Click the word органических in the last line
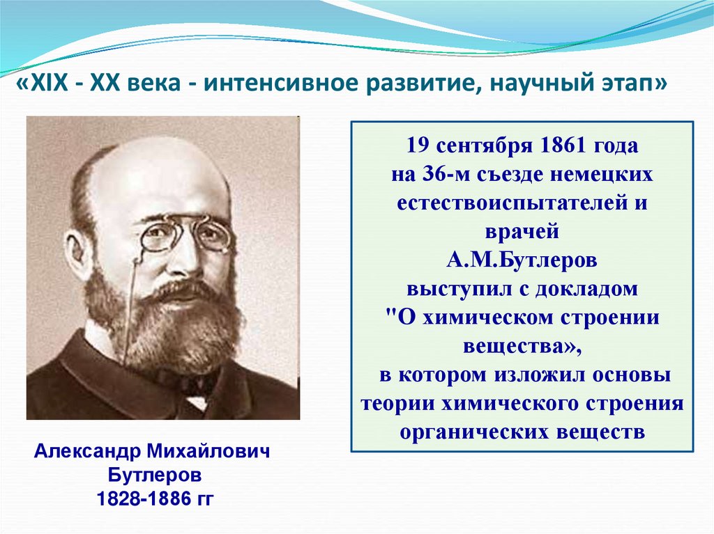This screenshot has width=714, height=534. pos(473,431)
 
